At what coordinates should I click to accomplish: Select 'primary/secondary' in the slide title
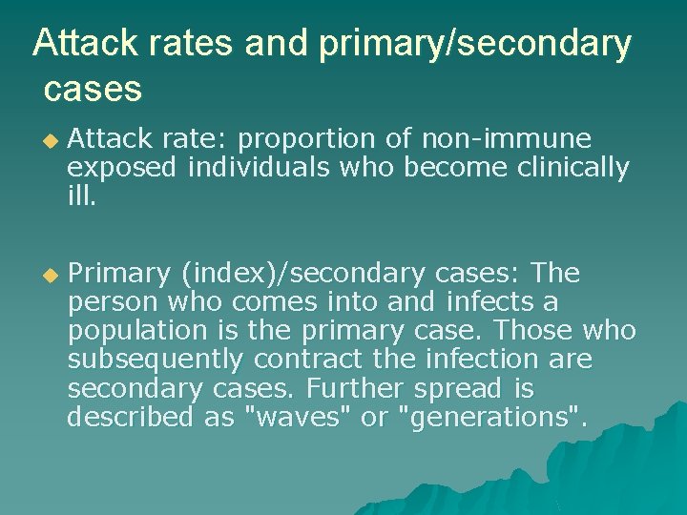tap(474, 45)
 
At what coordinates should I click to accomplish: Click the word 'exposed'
tap(122, 169)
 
